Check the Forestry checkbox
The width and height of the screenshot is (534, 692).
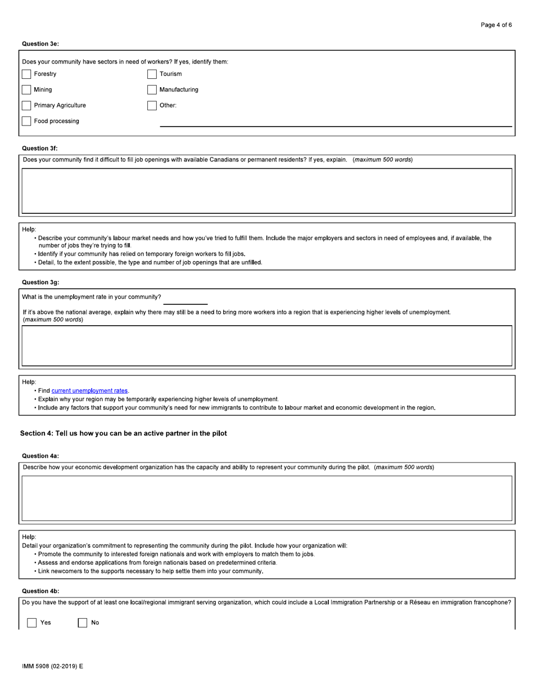pos(26,74)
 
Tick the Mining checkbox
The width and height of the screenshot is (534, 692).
pos(26,90)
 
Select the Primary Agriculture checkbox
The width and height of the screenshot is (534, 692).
pos(26,106)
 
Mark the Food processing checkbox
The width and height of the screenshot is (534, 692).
pos(26,122)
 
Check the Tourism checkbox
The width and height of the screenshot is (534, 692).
pos(152,74)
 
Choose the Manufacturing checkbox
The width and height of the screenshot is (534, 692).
pos(152,90)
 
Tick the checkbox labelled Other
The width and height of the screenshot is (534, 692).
pos(152,106)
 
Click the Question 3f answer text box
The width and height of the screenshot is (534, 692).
pos(266,191)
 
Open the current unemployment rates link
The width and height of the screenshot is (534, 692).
pos(89,391)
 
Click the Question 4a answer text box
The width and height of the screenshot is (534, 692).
pos(266,498)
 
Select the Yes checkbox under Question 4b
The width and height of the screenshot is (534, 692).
pos(32,623)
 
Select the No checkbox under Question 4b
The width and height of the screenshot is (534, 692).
pos(83,623)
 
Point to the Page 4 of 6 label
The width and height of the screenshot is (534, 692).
pos(496,25)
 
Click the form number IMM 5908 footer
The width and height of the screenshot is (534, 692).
pos(52,667)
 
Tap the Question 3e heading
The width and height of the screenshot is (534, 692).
pos(40,44)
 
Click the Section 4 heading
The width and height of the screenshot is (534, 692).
pos(123,434)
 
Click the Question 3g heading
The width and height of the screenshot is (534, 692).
pos(40,282)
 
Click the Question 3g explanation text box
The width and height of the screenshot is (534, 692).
pos(266,345)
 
